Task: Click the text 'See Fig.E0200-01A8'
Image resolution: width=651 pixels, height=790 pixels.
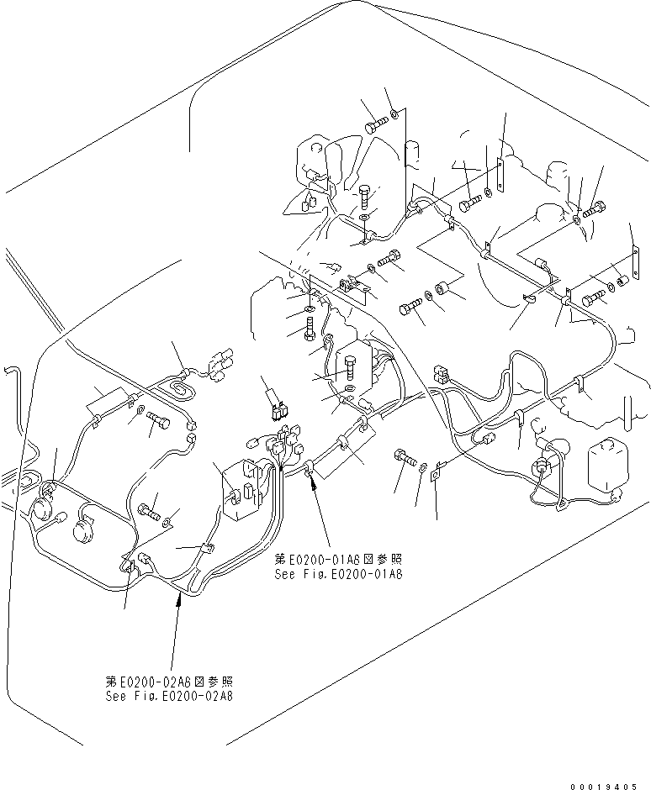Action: click(x=338, y=575)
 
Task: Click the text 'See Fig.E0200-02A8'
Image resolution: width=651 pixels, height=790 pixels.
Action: click(x=169, y=696)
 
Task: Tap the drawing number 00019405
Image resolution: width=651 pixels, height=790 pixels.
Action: click(x=603, y=785)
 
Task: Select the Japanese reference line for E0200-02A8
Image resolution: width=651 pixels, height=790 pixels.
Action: click(x=169, y=682)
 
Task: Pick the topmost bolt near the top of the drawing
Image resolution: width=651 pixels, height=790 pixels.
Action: click(x=376, y=126)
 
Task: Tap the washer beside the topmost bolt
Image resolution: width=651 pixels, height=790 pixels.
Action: click(x=394, y=114)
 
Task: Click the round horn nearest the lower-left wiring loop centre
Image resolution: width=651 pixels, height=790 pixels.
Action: click(x=82, y=528)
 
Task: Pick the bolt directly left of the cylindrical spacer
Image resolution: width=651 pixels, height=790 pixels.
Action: click(x=411, y=308)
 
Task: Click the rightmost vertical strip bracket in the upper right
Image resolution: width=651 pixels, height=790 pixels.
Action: click(x=632, y=268)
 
